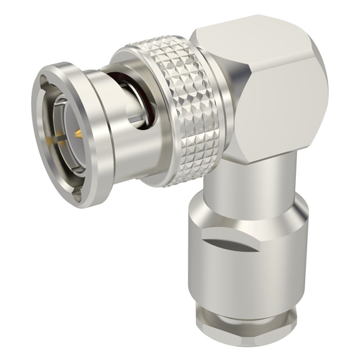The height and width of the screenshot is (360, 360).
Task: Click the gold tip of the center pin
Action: [x=78, y=133]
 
